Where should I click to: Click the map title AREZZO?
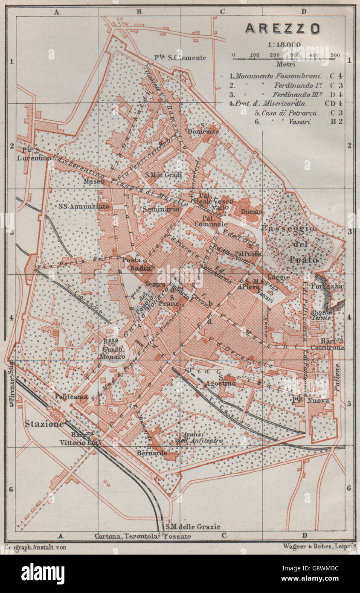[282, 29]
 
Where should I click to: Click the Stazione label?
[44, 424]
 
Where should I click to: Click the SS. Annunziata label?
[84, 206]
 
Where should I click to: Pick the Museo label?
[94, 181]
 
